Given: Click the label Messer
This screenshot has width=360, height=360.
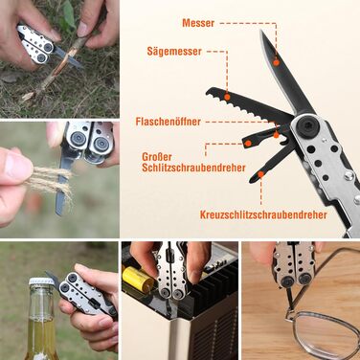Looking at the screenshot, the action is (x=198, y=23).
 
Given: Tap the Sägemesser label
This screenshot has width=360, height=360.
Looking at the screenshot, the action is (x=174, y=52).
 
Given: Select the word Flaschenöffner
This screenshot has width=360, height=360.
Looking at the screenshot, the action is (x=169, y=122).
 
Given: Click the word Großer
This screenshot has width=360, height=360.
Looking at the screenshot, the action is (x=157, y=157).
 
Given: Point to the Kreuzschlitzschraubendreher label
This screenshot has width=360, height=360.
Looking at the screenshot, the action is (x=263, y=214).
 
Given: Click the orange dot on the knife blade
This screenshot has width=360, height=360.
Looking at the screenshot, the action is (x=277, y=62).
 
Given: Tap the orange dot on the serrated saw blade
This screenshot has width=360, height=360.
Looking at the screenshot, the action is (x=227, y=97).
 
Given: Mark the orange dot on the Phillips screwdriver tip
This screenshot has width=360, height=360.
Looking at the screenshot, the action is (x=260, y=174).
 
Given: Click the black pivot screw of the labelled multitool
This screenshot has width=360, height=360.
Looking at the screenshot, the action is (x=307, y=124).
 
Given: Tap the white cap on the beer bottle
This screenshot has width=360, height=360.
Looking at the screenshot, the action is (x=41, y=281).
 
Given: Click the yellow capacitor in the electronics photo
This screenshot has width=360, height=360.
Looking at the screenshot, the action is (x=139, y=280).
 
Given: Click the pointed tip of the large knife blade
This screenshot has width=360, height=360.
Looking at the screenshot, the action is (x=261, y=31).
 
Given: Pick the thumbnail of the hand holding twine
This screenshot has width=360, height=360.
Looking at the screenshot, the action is (x=59, y=179).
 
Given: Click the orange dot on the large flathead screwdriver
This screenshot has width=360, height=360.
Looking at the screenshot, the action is (x=248, y=144).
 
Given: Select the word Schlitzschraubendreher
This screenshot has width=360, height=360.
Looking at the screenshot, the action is (x=193, y=168).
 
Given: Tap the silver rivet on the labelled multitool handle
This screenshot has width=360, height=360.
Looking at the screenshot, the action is (x=349, y=175).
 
